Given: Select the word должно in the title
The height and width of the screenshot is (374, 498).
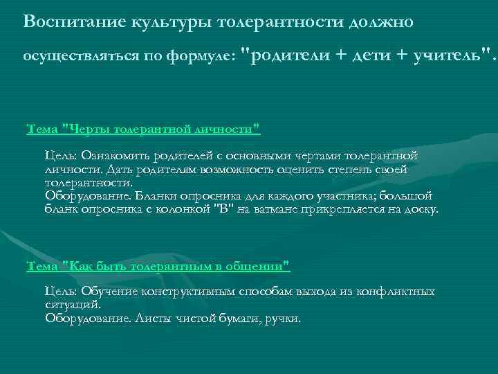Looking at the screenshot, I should pos(380,21).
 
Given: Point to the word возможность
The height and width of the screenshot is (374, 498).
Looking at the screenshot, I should pos(232,169).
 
